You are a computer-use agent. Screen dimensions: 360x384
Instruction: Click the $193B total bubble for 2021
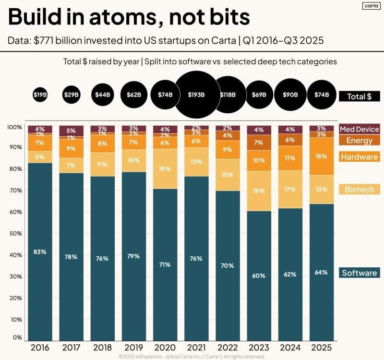[196, 95]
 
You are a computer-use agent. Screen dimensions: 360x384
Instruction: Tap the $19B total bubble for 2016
[40, 95]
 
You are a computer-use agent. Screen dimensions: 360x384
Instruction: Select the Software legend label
[359, 273]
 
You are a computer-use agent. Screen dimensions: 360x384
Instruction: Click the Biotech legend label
[359, 189]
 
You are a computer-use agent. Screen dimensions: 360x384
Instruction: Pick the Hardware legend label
[359, 156]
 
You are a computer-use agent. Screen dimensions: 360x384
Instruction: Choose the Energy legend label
[359, 140]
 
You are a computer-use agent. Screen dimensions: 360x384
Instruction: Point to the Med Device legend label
[359, 129]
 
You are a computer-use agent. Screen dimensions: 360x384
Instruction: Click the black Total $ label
[359, 96]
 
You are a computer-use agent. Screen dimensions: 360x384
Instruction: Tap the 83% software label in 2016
[40, 252]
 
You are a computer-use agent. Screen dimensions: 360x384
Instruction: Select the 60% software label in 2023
[259, 275]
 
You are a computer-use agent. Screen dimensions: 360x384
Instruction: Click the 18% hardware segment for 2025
[321, 156]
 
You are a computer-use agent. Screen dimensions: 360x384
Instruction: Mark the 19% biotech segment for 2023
[259, 191]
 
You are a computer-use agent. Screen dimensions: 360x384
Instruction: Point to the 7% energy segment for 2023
[259, 143]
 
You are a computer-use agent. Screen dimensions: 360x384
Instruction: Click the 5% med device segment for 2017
[71, 131]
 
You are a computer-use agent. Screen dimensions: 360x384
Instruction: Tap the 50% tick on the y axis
[16, 233]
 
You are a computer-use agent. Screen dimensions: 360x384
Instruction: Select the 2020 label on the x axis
[165, 347]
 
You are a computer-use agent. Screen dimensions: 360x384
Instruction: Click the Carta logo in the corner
[369, 6]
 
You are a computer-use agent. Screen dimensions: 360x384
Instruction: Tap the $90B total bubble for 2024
[290, 95]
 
